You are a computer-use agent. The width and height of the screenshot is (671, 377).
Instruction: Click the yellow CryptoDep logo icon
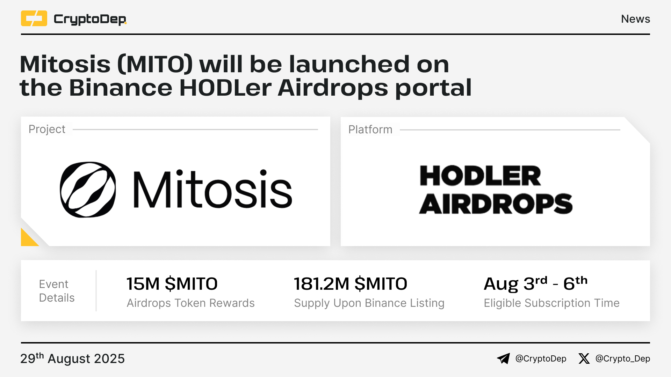point(34,19)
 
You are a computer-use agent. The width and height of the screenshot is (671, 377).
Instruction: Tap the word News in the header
point(635,19)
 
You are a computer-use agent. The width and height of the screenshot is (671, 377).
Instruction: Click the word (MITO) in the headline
point(155,64)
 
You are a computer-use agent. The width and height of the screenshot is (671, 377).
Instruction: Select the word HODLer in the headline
point(225,87)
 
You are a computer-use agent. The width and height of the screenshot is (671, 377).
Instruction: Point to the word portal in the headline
point(433,88)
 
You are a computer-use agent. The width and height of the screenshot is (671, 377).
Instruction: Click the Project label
point(47,129)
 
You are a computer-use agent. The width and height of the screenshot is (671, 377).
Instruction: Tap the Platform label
point(370,130)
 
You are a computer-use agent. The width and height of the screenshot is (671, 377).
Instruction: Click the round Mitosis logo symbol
point(88,190)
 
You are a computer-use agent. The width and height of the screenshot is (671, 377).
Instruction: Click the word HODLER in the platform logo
point(480,176)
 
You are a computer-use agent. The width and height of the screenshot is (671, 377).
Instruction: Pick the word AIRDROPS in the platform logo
point(496,204)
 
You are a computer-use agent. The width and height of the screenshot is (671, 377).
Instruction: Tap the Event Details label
point(57,291)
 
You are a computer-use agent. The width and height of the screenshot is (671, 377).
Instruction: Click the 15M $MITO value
point(172,283)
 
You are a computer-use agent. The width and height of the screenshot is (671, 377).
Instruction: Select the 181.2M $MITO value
point(351,283)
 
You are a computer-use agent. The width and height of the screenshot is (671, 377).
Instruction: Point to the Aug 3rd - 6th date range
point(536,283)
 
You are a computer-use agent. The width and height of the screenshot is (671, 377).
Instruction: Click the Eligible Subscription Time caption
point(551,303)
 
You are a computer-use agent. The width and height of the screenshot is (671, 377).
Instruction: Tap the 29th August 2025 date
point(72,358)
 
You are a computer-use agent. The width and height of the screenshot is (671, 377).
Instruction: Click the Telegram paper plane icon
point(504,358)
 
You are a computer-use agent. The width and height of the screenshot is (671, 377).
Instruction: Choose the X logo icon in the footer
point(584,358)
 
